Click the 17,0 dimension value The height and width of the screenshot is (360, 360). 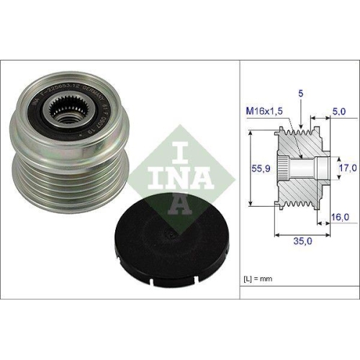348,167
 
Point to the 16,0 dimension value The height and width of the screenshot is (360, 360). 341,216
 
